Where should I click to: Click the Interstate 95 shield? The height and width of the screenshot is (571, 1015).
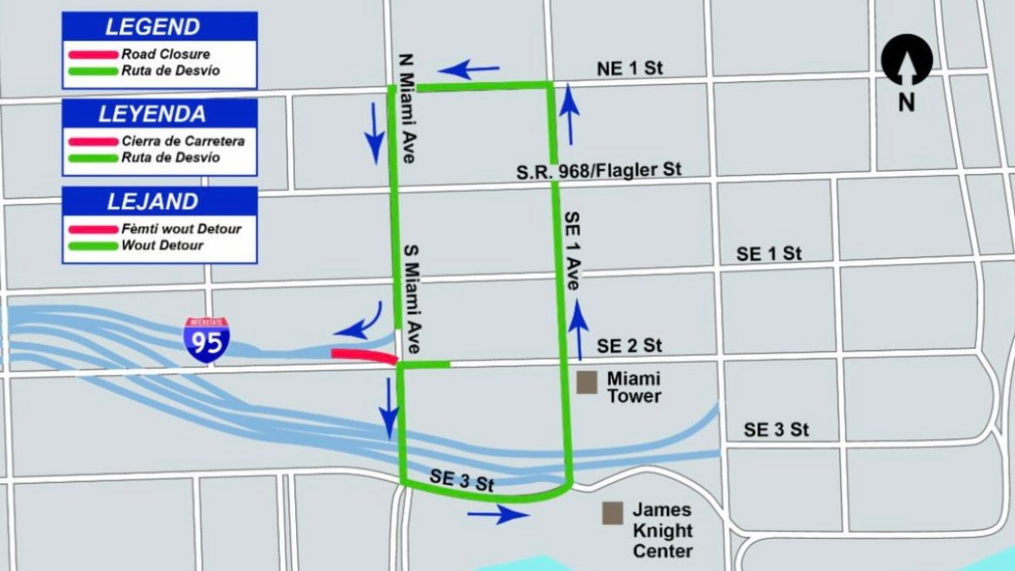[x=206, y=340]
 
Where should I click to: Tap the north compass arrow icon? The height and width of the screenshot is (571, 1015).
[x=907, y=61]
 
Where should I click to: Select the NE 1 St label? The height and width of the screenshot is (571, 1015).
[x=629, y=69]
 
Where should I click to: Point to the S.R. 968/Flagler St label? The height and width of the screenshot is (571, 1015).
[x=599, y=171]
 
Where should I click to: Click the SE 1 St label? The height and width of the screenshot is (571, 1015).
[x=768, y=253]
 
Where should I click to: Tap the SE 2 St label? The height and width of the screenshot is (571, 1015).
[x=628, y=345]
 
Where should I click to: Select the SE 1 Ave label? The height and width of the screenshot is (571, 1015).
[x=573, y=251]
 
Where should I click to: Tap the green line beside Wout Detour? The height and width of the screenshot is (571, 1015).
[x=92, y=246]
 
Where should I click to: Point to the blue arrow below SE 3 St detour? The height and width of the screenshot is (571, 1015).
[x=498, y=513]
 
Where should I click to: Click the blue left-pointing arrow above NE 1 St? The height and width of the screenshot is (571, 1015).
[x=469, y=69]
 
